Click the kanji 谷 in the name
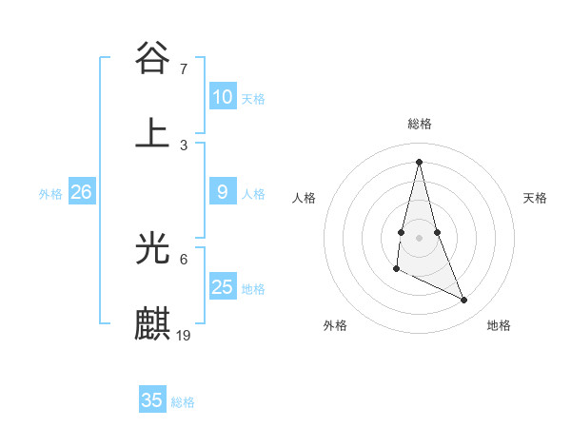[x=153, y=58]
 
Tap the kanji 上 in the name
[x=153, y=133]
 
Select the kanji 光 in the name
[x=153, y=248]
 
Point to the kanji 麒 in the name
[x=153, y=324]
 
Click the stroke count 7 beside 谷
[x=184, y=68]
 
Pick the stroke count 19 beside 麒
[x=185, y=335]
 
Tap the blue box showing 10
[x=222, y=97]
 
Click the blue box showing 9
[x=222, y=192]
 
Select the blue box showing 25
[x=222, y=287]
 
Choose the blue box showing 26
[x=81, y=192]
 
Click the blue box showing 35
[x=152, y=400]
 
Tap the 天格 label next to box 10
[x=253, y=99]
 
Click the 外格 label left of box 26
[x=50, y=194]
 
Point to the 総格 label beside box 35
[x=183, y=402]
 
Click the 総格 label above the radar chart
[x=420, y=124]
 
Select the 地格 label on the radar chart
[x=499, y=325]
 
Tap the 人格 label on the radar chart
[x=305, y=198]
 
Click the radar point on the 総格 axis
[x=419, y=161]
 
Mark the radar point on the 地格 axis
[x=464, y=301]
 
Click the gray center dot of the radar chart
[x=419, y=237]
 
